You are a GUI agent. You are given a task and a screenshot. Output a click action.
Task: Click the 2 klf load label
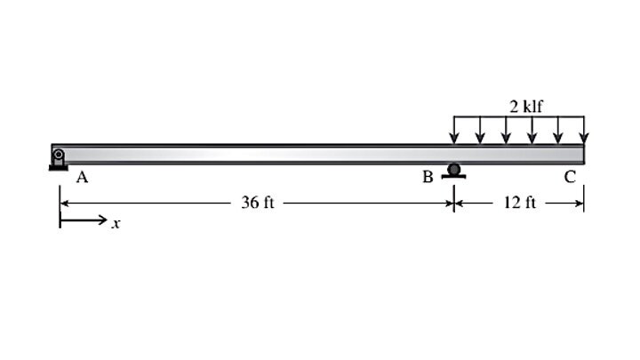click(526, 107)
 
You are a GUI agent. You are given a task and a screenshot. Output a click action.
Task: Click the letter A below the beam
click(82, 178)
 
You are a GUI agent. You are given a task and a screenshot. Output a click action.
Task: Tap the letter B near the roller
click(428, 177)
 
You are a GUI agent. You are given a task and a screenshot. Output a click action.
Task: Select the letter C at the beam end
click(570, 177)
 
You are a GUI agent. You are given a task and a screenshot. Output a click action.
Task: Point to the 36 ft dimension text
click(258, 203)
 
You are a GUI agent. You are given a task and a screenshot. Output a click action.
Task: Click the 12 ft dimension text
click(520, 203)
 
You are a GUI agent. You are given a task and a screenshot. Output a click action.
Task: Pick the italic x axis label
click(116, 224)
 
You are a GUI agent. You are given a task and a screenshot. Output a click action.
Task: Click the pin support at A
click(59, 159)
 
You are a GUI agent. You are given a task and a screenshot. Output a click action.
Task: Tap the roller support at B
click(453, 171)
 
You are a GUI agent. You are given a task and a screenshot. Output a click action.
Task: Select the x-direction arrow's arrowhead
click(103, 220)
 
